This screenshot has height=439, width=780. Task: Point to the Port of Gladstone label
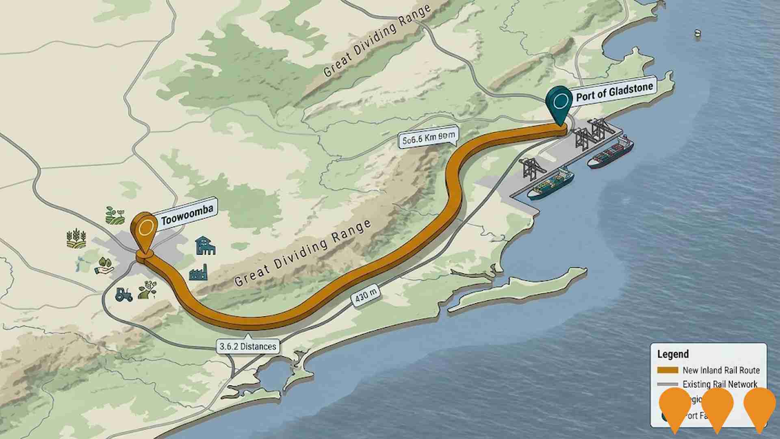pyautogui.click(x=615, y=91)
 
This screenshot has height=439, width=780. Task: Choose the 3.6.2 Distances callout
pyautogui.click(x=248, y=346)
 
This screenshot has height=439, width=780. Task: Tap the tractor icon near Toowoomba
pyautogui.click(x=123, y=294)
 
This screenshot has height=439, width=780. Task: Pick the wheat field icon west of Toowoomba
pyautogui.click(x=76, y=239)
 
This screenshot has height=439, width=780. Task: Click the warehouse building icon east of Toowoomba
pyautogui.click(x=205, y=246)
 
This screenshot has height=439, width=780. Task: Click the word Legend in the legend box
pyautogui.click(x=673, y=354)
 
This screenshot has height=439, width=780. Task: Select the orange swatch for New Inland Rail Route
pyautogui.click(x=667, y=370)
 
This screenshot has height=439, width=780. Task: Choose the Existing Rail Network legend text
pyautogui.click(x=719, y=384)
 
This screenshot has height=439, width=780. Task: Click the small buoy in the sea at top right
pyautogui.click(x=698, y=33)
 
